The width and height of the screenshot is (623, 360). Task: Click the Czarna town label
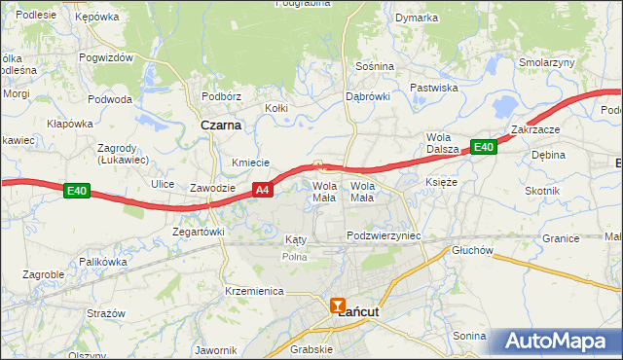pos(221,126)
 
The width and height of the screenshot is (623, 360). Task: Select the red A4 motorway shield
pos(262,191)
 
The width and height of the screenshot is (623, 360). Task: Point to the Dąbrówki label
pos(368,96)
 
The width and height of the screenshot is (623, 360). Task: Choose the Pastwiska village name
pos(433,88)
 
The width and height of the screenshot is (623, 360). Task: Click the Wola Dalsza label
pos(442,142)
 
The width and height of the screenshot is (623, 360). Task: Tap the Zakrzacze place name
pos(533,129)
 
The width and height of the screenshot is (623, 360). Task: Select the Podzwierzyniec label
pos(383,236)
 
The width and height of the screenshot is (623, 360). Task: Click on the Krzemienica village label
pos(253,291)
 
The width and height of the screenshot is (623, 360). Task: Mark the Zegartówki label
pos(199,232)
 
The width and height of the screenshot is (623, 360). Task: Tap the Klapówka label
pos(69,124)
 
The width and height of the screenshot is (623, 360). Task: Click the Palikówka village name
pos(103,262)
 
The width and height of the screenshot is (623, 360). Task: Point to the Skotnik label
pos(542,191)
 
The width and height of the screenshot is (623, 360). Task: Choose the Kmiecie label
pos(250,162)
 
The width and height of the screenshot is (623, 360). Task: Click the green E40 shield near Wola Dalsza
pos(484,147)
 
